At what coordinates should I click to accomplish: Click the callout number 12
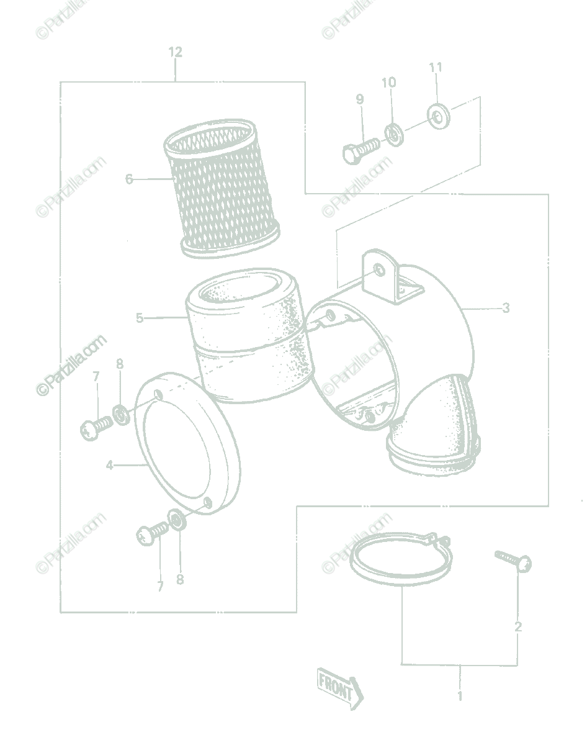pos(175,52)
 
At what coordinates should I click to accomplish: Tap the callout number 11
pos(436,67)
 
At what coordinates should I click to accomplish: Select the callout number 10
pos(388,83)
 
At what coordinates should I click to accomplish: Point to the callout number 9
pos(360,99)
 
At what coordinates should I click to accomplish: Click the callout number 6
pos(128,179)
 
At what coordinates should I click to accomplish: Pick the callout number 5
pos(140,318)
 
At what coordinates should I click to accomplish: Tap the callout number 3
pos(506,308)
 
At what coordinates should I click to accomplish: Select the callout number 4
pos(110,465)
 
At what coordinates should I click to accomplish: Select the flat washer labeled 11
pos(439,116)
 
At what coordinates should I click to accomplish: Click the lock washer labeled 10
pos(394,134)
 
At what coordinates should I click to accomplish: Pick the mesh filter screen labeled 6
pos(222,189)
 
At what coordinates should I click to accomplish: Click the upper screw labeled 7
pos(96,428)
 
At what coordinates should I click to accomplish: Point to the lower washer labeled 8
pos(177,520)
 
